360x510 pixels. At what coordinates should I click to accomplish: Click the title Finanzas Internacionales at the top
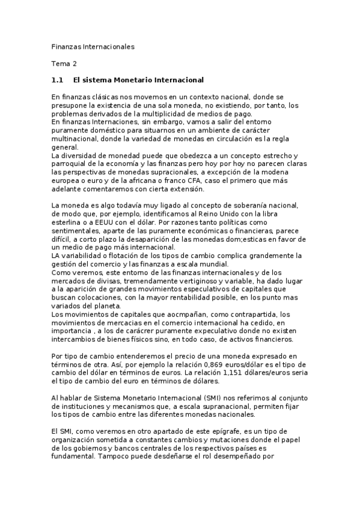pyautogui.click(x=93, y=46)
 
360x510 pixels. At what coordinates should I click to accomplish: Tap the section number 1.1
pyautogui.click(x=58, y=79)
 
